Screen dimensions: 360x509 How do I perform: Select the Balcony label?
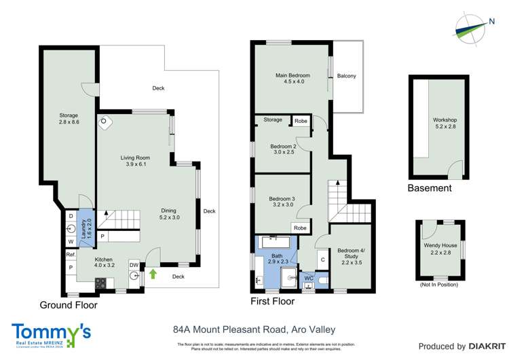tap(346, 76)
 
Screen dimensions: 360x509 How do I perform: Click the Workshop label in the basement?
tap(445, 124)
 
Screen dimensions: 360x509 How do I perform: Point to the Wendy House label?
tap(440, 249)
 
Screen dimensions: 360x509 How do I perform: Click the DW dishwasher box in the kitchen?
tap(134, 266)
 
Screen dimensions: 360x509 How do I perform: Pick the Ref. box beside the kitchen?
tap(71, 255)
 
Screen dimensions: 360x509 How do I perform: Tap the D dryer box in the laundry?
tap(71, 217)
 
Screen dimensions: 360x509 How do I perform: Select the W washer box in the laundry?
tap(71, 240)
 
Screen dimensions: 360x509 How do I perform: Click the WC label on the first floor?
tap(309, 278)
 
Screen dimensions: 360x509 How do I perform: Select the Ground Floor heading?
tap(68, 306)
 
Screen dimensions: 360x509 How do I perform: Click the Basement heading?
tap(429, 188)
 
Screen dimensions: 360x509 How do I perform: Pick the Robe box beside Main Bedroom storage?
tap(299, 120)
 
